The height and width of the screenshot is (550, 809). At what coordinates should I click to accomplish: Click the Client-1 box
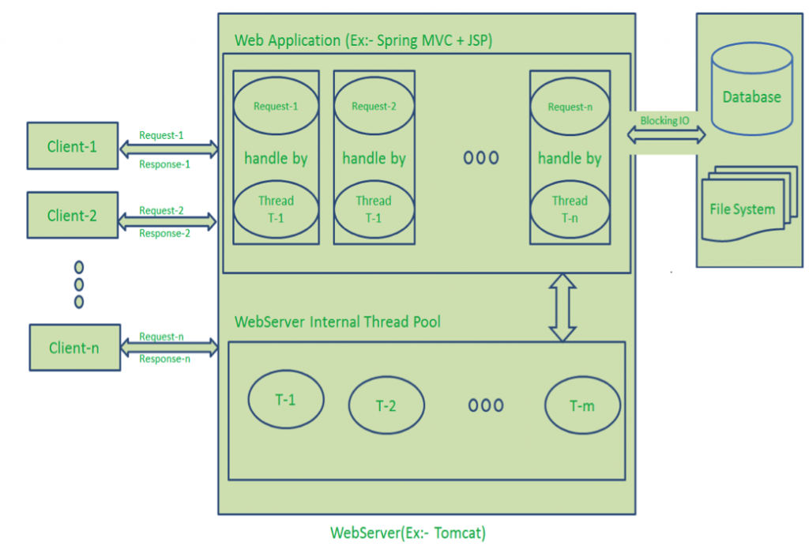pos(72,146)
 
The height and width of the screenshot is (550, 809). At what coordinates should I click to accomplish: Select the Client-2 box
pos(72,215)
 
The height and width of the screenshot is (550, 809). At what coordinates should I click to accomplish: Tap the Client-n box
pos(74,347)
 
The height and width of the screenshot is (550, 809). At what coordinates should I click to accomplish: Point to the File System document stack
pos(743,205)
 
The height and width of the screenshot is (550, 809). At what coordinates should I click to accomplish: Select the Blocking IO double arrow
pos(666,135)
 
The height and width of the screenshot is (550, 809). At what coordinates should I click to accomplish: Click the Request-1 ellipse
pos(276,107)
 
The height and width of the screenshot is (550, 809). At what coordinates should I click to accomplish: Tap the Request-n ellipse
pos(570,107)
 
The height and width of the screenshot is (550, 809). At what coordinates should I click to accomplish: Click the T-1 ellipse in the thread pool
pos(286,400)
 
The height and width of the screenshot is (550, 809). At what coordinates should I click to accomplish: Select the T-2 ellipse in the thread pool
pos(386,405)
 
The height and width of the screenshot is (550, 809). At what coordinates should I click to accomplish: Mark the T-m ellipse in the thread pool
pos(582,405)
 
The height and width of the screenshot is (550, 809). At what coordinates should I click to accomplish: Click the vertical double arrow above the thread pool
pos(563,307)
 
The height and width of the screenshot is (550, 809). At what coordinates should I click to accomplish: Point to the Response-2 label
pos(165,234)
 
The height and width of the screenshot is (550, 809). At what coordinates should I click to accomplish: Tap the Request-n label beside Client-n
pos(161,337)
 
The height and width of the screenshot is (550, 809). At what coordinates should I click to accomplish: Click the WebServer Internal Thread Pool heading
pos(337,322)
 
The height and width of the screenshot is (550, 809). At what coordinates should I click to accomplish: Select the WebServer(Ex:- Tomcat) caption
pos(408,533)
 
